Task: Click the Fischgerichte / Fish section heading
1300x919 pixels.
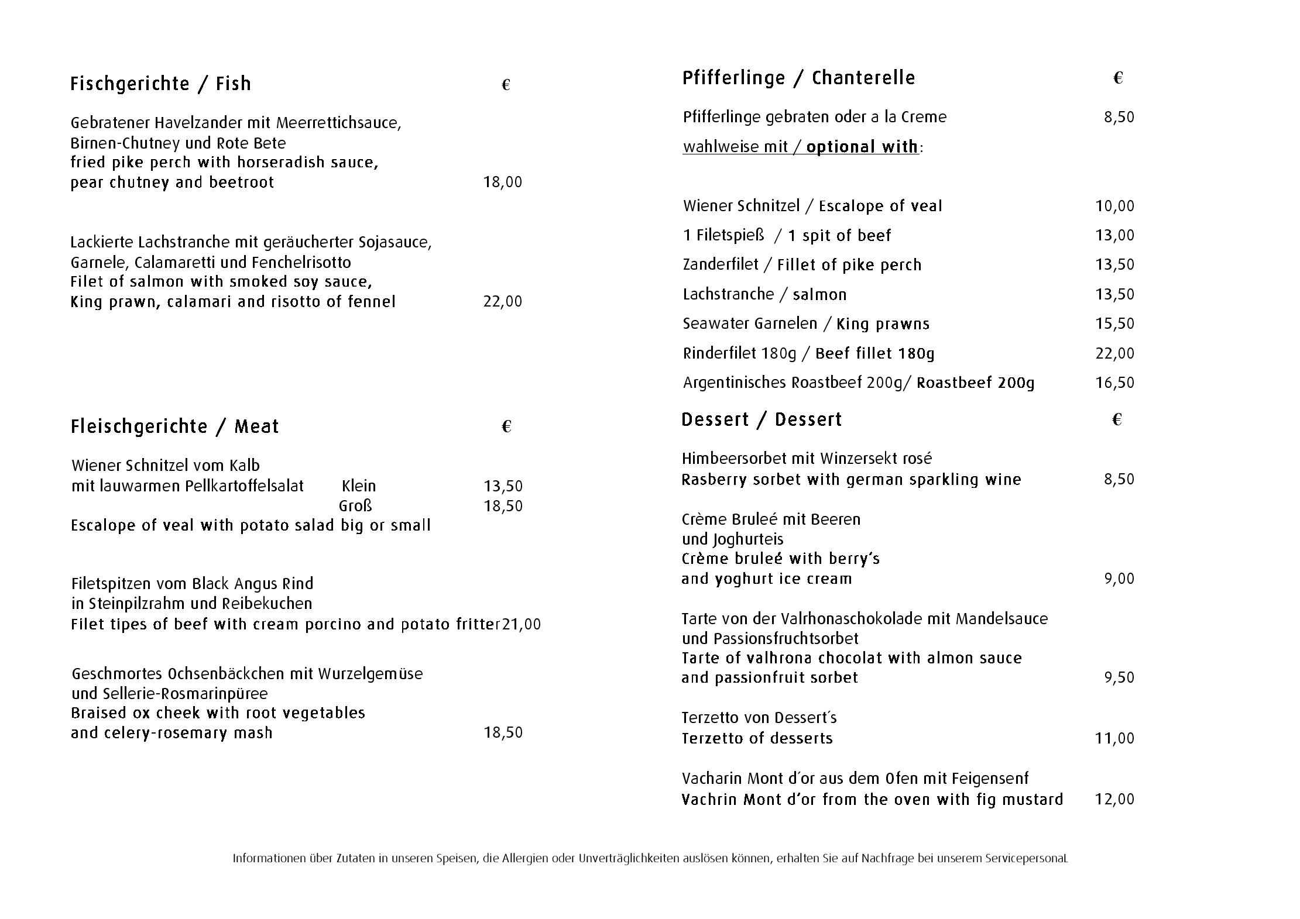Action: (160, 84)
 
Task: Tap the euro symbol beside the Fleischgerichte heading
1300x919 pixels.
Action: (507, 427)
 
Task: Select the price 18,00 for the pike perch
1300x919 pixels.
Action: (502, 183)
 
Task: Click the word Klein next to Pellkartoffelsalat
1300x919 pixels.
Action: (358, 486)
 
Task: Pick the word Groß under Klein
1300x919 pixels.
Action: (355, 506)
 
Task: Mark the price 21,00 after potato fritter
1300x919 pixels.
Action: (522, 625)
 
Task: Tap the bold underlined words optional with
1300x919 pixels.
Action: (862, 147)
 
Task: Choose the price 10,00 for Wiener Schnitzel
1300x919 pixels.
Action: (1114, 206)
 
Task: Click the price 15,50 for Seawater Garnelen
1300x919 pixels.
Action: (1114, 324)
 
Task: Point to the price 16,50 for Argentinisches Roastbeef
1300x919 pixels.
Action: (1114, 383)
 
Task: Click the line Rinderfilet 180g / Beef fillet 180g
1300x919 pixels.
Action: (808, 354)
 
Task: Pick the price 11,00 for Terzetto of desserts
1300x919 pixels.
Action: (1114, 739)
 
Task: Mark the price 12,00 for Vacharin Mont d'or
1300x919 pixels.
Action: (1114, 800)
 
